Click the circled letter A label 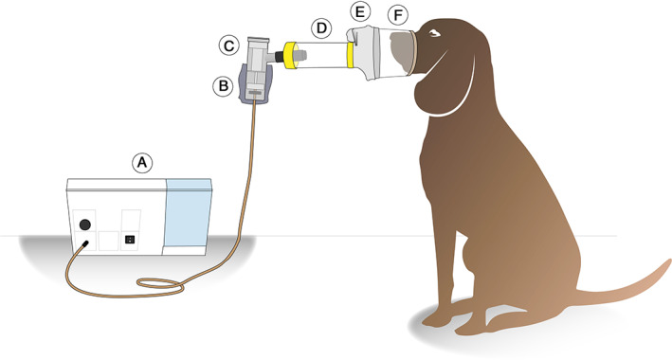point(142,163)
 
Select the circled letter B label point(224,86)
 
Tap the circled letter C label point(228,45)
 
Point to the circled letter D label point(321,28)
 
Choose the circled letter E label point(360,12)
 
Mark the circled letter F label point(398,16)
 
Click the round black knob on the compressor point(85,225)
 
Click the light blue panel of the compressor point(189,213)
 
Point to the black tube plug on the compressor point(84,243)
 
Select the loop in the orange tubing point(161,284)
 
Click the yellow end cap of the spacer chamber point(291,55)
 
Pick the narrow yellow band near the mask point(350,56)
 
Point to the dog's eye point(434,33)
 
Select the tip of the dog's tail point(668,261)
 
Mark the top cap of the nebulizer point(258,42)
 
